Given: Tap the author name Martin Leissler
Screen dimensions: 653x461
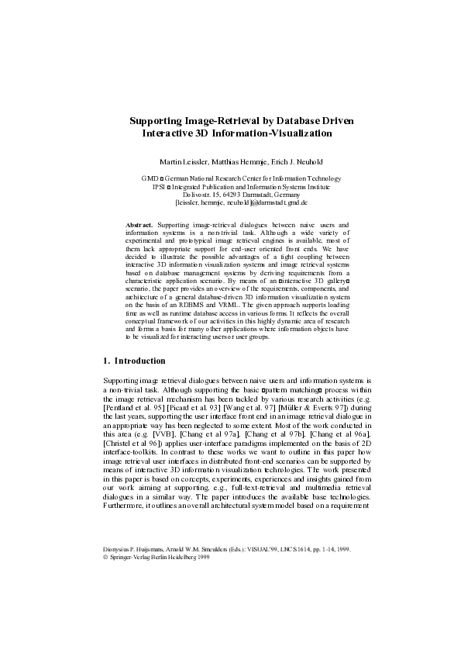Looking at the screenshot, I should pos(184,161).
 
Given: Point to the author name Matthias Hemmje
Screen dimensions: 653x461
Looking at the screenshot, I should pos(239,161).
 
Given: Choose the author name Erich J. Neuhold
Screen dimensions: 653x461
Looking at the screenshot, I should pos(294,161).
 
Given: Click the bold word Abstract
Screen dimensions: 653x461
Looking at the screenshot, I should pos(139,224).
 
